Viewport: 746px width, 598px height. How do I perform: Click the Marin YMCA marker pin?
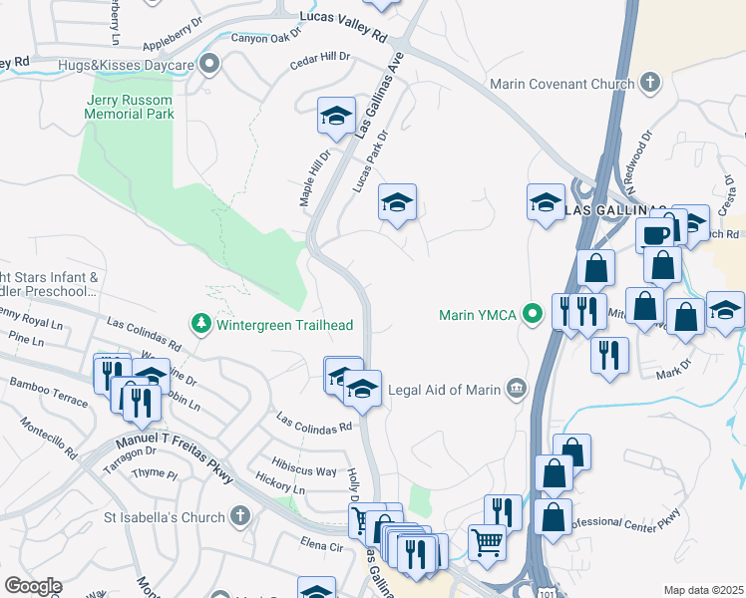[x=534, y=315]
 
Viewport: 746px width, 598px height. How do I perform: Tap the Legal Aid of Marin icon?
[x=516, y=389]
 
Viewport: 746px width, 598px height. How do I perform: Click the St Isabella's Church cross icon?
[x=239, y=516]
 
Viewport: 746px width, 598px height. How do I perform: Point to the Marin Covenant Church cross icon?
[x=650, y=83]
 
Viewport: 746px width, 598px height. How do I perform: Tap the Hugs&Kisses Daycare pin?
[x=209, y=66]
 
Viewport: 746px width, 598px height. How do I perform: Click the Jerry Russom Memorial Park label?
[x=131, y=107]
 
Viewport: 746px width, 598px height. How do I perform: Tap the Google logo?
[x=33, y=586]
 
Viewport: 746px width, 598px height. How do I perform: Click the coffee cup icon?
[x=654, y=234]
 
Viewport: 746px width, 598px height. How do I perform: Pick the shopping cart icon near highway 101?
[x=486, y=543]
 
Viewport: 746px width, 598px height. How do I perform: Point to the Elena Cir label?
[x=321, y=545]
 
